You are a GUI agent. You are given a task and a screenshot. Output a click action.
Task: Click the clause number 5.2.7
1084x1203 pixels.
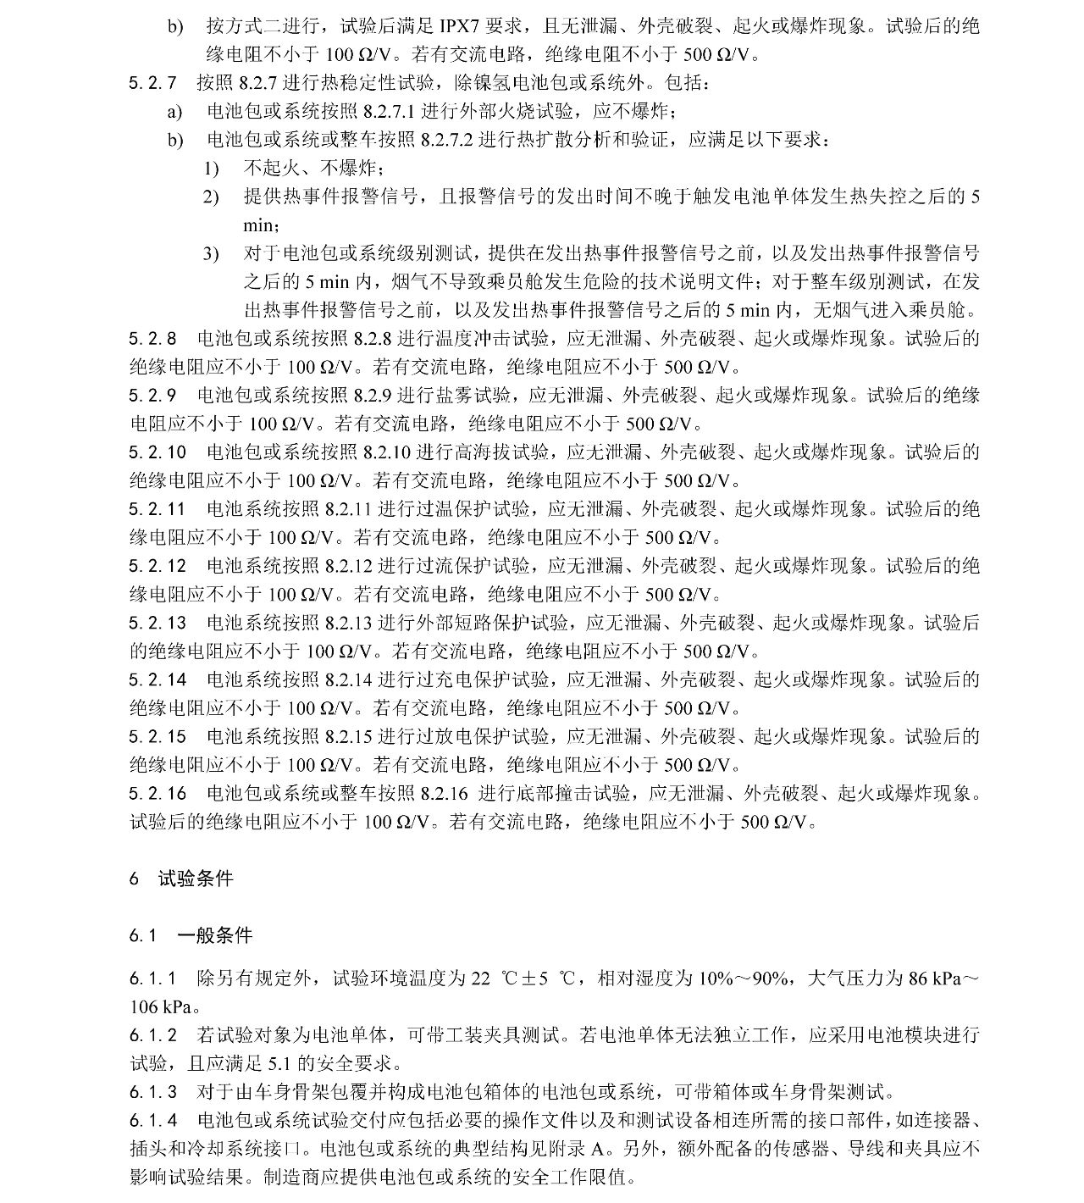(x=153, y=83)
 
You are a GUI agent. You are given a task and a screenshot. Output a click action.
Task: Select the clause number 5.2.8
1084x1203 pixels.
(x=153, y=339)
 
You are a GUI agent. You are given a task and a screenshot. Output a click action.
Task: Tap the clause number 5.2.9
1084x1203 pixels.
(x=153, y=396)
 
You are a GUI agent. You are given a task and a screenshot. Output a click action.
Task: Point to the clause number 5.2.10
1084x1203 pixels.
(x=158, y=452)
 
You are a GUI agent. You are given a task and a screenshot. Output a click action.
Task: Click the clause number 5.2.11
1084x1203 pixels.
(x=158, y=509)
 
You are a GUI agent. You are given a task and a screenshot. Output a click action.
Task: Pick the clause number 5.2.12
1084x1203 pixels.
(x=158, y=566)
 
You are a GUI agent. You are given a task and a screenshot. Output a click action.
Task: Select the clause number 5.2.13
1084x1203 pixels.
(x=158, y=623)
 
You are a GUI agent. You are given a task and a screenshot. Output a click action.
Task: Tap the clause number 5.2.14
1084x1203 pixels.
(x=158, y=679)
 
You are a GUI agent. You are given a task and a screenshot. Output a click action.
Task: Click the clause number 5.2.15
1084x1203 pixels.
(x=158, y=736)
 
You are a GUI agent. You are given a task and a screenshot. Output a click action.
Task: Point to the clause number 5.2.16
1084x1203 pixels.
(x=158, y=794)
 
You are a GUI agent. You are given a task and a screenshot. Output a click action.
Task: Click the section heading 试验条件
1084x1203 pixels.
(x=196, y=879)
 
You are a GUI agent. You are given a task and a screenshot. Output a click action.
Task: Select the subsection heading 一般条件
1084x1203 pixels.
(x=214, y=936)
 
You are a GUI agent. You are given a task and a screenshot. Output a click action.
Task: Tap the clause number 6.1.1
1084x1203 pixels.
(x=153, y=978)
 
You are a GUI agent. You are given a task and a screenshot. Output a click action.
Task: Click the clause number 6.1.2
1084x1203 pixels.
(x=153, y=1035)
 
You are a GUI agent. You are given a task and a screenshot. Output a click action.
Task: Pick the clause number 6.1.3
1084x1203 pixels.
(x=153, y=1092)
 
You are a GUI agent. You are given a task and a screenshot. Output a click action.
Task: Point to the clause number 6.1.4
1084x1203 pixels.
(x=153, y=1121)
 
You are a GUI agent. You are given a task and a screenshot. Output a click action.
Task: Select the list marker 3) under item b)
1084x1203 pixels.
(x=211, y=254)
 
